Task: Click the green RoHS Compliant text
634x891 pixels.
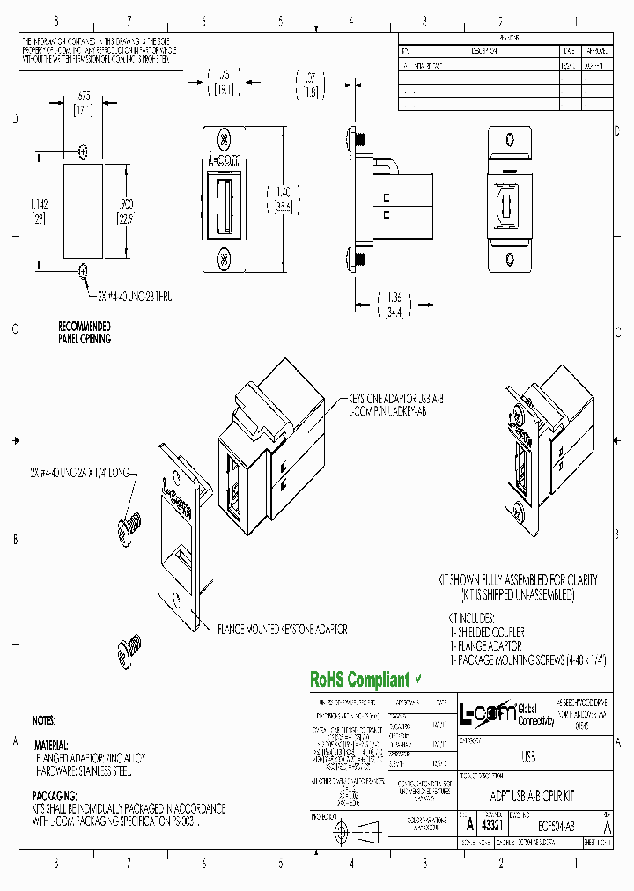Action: point(359,680)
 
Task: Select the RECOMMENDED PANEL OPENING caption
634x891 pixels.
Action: point(85,332)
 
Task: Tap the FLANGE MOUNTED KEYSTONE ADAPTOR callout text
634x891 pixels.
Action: point(282,630)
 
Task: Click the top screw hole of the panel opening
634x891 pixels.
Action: point(84,149)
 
